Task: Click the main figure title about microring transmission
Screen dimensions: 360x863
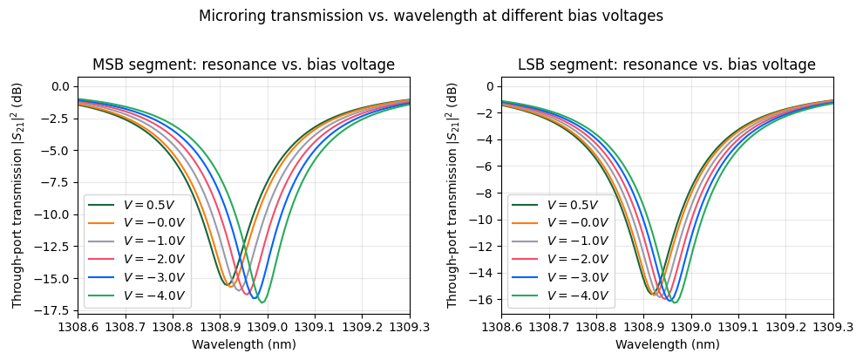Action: [x=431, y=16]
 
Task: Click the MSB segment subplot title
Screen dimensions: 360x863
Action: [x=243, y=65]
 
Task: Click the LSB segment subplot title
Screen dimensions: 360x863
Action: [x=667, y=65]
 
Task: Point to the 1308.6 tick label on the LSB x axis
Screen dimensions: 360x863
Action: [x=501, y=326]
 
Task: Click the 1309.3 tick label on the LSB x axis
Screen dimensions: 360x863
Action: [x=832, y=326]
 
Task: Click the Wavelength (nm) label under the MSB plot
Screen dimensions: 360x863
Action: [x=243, y=344]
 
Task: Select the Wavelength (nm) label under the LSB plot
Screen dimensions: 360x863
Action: [x=667, y=344]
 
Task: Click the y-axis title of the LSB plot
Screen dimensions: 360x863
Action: [x=452, y=195]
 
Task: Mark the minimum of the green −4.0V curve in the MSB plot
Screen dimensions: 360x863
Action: [x=262, y=302]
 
